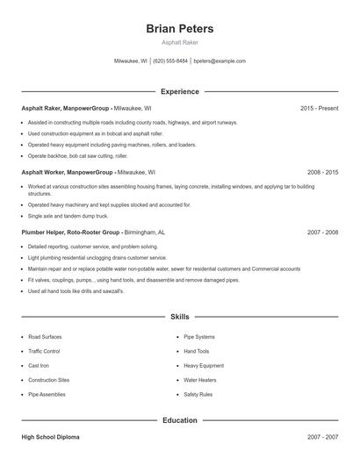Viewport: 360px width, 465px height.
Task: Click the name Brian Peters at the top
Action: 179,29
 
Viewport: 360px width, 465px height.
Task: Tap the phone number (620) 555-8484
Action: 170,61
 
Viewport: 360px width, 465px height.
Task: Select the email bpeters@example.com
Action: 220,61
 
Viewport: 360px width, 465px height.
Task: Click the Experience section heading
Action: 179,91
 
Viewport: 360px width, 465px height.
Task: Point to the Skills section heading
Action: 179,316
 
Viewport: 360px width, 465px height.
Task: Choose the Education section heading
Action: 179,420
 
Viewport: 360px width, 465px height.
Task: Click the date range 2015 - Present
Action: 319,108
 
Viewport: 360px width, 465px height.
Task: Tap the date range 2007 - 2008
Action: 322,232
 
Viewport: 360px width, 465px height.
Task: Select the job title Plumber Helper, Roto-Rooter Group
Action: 71,232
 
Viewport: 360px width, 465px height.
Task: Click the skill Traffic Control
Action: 44,351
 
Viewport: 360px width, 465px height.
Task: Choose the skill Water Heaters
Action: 199,380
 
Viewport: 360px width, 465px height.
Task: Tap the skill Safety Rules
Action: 198,395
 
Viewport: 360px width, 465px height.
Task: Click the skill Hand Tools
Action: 196,351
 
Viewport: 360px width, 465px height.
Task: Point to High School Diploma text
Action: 50,436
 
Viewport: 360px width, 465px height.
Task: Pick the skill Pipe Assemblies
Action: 47,395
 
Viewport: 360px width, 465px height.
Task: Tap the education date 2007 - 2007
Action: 322,436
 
